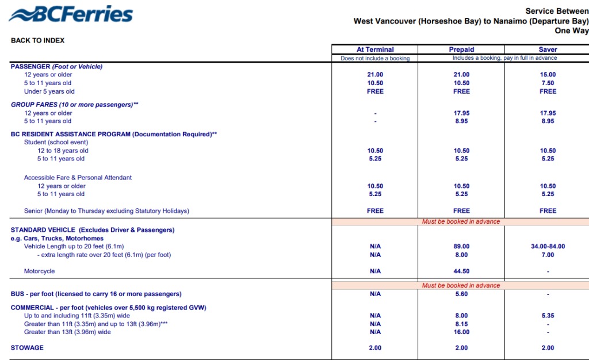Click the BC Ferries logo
[71, 15]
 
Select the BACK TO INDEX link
[37, 40]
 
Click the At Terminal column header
[375, 49]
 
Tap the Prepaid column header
[461, 49]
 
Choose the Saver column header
[548, 49]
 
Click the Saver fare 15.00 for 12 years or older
[548, 75]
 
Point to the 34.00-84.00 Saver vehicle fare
[548, 247]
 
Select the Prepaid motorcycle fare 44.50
[461, 271]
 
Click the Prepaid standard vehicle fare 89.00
[461, 247]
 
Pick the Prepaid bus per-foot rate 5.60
[461, 294]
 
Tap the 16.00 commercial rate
[461, 332]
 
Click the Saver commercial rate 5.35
[548, 316]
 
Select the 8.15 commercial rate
[461, 324]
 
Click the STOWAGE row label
[27, 348]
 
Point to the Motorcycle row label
[40, 271]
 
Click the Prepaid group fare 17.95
[461, 113]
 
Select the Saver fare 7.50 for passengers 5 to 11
[548, 83]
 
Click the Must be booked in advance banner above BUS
[461, 285]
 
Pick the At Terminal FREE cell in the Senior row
[375, 211]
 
